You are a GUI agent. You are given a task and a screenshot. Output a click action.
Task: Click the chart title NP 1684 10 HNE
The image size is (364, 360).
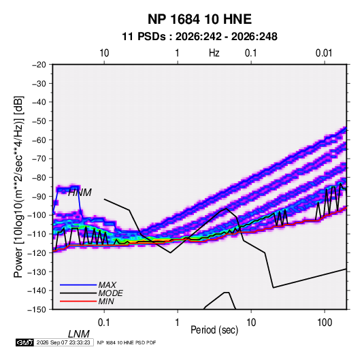click(x=199, y=19)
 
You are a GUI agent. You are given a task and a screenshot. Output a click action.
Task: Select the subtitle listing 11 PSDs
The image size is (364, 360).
click(x=199, y=37)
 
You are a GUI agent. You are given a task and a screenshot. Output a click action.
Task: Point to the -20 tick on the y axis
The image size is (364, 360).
click(x=39, y=65)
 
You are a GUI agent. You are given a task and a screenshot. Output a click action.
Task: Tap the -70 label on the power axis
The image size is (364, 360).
click(x=39, y=159)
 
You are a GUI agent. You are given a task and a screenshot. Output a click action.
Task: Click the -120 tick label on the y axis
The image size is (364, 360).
click(x=37, y=252)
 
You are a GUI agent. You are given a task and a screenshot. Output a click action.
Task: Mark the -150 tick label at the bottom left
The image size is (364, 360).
click(x=37, y=310)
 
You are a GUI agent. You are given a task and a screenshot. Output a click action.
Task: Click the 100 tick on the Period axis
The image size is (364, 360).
click(x=325, y=323)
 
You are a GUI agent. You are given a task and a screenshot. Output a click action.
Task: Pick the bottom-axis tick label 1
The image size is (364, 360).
click(x=178, y=323)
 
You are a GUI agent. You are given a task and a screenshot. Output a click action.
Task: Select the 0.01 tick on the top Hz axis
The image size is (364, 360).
click(x=324, y=53)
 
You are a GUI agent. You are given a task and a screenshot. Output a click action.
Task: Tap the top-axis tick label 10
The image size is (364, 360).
click(x=104, y=53)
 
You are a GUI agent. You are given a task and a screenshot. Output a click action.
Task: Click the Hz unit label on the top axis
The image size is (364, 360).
click(x=214, y=53)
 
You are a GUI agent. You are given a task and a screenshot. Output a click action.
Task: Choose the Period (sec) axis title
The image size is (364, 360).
click(x=214, y=330)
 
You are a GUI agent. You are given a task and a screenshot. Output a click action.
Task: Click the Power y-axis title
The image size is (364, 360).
click(x=18, y=186)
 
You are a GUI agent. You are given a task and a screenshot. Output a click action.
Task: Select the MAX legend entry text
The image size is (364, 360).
click(x=107, y=284)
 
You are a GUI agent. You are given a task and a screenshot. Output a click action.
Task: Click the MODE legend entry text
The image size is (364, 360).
click(x=110, y=293)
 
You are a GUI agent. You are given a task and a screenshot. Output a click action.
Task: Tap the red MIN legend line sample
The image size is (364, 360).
click(x=78, y=301)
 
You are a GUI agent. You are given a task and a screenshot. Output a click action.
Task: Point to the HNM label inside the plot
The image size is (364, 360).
click(x=80, y=193)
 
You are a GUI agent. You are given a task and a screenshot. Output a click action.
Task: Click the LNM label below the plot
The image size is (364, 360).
click(x=78, y=334)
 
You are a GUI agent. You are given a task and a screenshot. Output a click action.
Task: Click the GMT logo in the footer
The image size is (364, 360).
click(x=25, y=342)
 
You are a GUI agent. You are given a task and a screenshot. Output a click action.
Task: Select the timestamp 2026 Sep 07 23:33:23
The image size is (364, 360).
click(x=63, y=342)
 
